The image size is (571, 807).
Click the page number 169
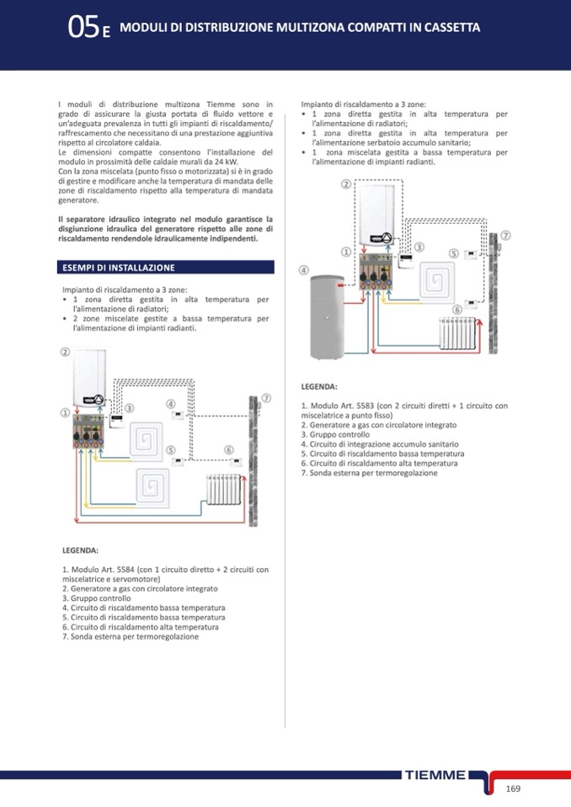click(x=514, y=788)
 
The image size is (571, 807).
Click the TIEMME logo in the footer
click(x=435, y=775)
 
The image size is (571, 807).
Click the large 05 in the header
click(x=83, y=28)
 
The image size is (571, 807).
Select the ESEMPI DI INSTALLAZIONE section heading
click(x=119, y=268)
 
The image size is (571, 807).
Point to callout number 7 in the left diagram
click(x=265, y=398)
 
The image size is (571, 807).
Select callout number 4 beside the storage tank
click(x=303, y=270)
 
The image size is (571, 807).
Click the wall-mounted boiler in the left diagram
click(x=91, y=379)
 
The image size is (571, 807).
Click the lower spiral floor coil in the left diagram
click(x=156, y=486)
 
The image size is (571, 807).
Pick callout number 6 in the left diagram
click(x=228, y=450)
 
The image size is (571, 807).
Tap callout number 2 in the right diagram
click(x=346, y=184)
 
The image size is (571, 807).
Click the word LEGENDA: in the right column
click(x=319, y=386)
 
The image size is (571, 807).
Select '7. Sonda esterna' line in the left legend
click(x=131, y=637)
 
